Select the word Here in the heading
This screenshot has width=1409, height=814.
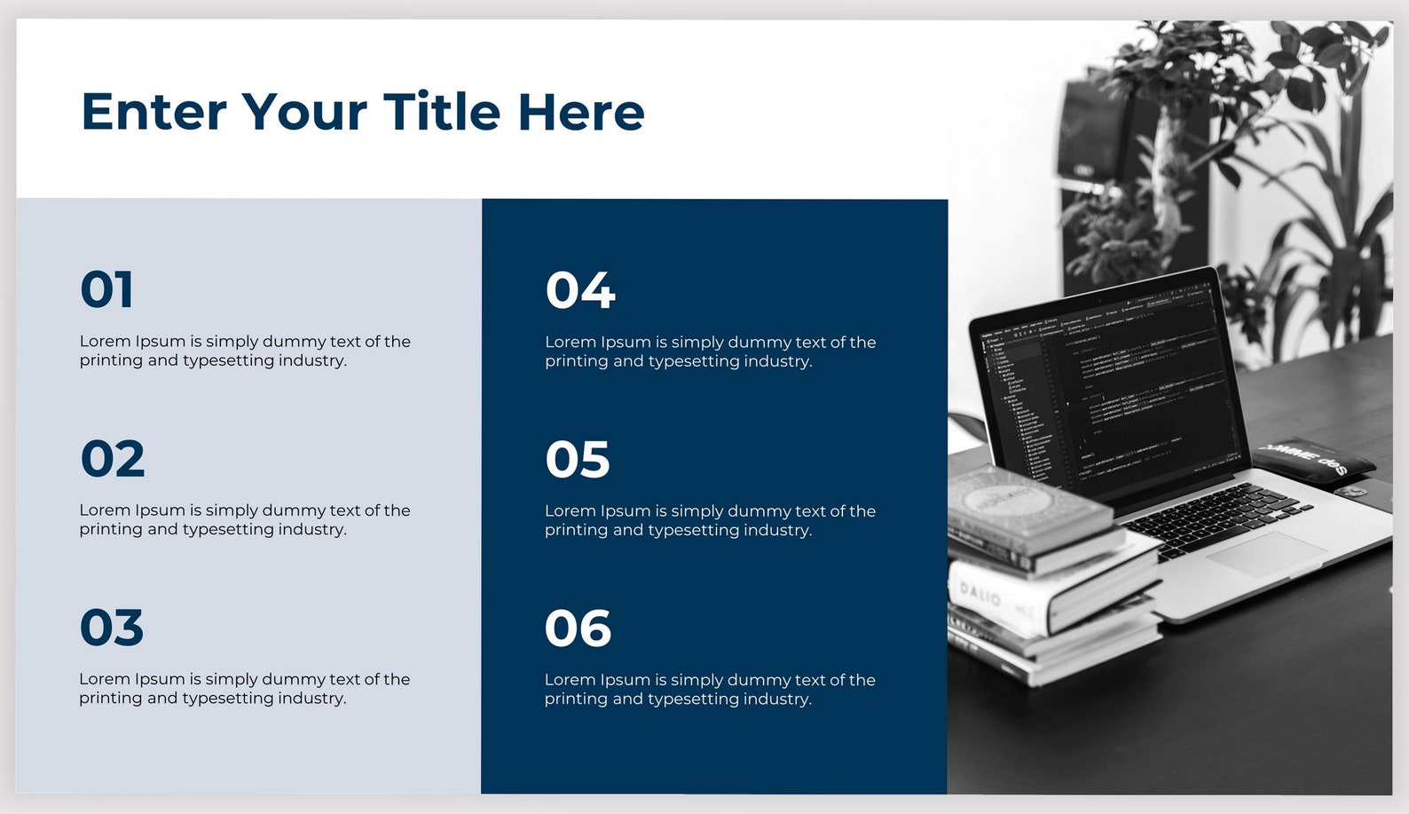point(581,112)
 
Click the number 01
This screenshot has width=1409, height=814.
point(107,290)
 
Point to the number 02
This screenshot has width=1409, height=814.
point(113,459)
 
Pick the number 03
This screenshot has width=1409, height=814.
point(112,628)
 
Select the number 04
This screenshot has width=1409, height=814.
point(580,290)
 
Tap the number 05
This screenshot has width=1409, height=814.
point(578,460)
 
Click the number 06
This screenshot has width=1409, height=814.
point(578,628)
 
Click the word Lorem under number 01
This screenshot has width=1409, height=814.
point(105,341)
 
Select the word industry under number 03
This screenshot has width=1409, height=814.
point(311,699)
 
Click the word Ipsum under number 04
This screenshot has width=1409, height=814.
point(625,342)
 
